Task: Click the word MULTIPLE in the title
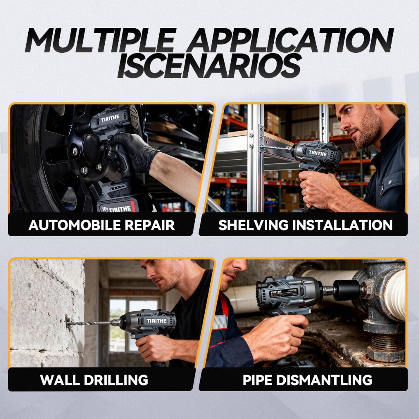[x=101, y=40]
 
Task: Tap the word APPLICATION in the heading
[x=290, y=40]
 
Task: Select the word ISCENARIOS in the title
[x=209, y=66]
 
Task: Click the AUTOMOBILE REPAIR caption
[x=101, y=225]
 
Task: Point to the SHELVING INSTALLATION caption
[x=305, y=225]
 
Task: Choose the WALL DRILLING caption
[x=94, y=380]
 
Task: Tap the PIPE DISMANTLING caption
[x=307, y=380]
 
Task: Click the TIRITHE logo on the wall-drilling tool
[x=156, y=321]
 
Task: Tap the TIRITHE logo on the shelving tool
[x=318, y=153]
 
